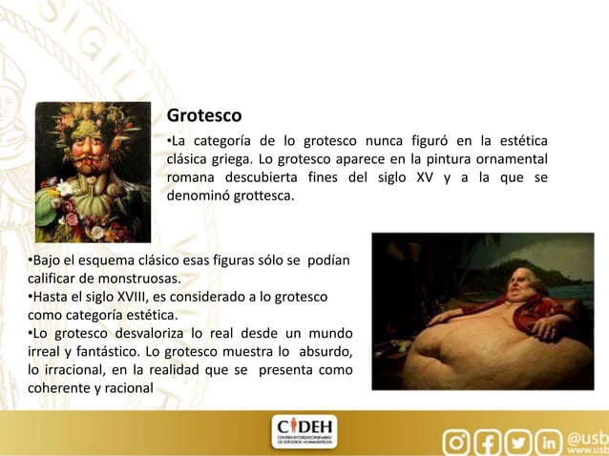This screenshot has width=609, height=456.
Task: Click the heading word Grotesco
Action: tap(204, 116)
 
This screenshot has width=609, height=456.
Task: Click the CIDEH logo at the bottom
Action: tap(304, 431)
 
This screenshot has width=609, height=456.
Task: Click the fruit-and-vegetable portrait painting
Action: tap(94, 172)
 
